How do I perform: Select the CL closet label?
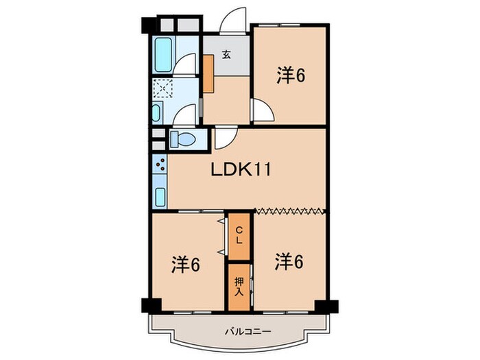click(x=239, y=235)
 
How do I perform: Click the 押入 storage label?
click(x=239, y=286)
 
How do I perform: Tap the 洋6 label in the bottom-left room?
click(x=185, y=263)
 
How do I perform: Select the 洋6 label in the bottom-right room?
click(x=289, y=261)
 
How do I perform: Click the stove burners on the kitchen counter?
click(x=160, y=166)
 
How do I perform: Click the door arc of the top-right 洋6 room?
click(x=261, y=109)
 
